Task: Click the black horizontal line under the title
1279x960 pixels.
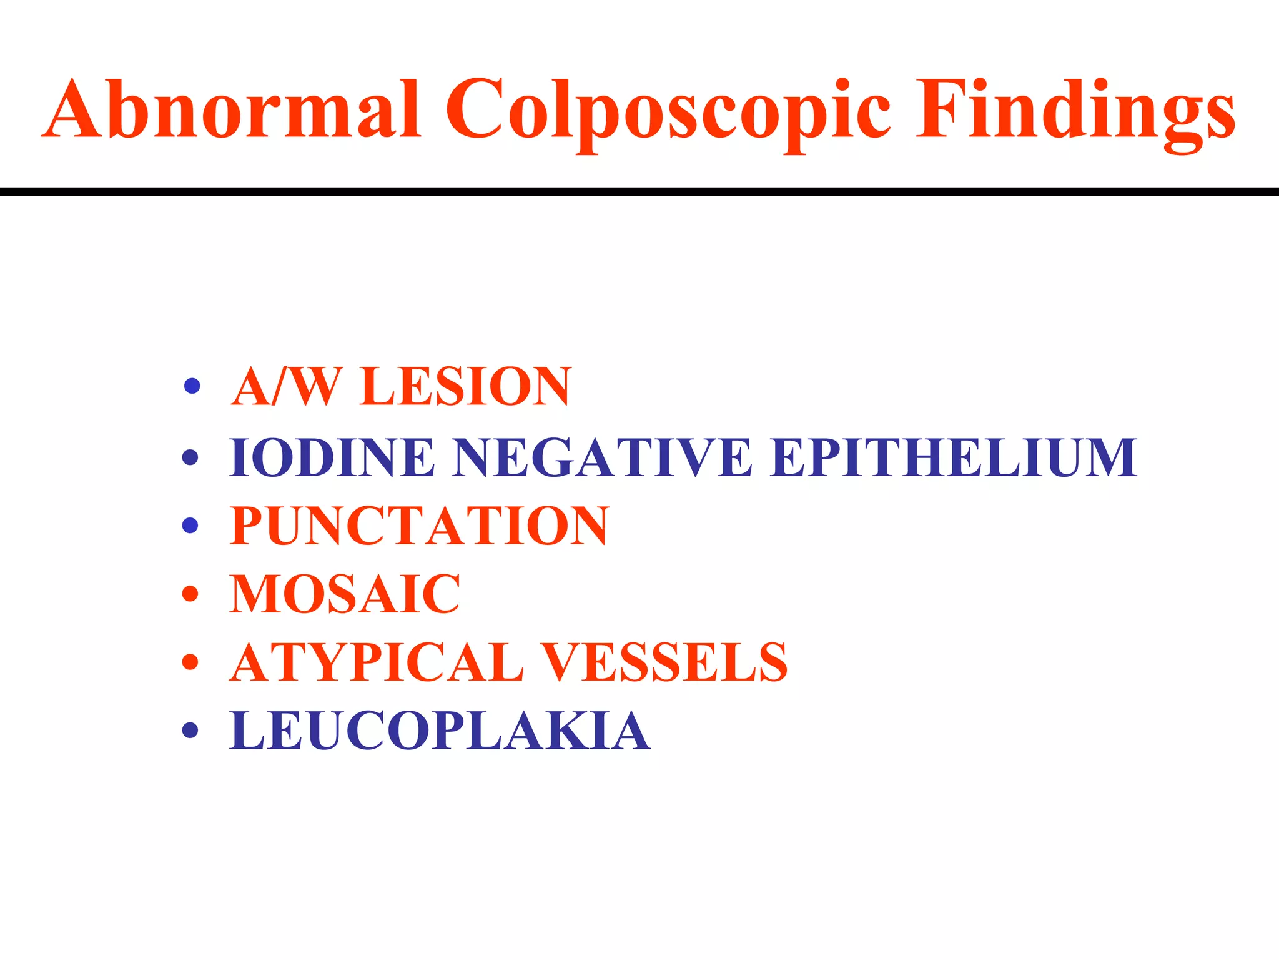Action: [639, 192]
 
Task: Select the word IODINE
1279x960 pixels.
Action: [332, 457]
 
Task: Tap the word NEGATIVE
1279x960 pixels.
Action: [603, 457]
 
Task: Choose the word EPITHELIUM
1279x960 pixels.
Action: [953, 457]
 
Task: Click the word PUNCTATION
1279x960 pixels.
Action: [419, 526]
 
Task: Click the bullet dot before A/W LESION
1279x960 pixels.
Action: [192, 386]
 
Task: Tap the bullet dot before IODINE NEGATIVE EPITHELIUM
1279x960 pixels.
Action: [190, 457]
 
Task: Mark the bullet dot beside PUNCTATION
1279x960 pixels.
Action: [190, 525]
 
